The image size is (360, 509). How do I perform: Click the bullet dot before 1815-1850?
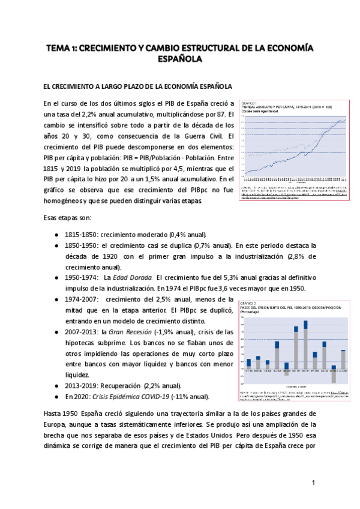pyautogui.click(x=56, y=234)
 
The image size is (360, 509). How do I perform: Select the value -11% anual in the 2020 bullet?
pyautogui.click(x=188, y=396)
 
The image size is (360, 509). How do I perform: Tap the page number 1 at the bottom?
pyautogui.click(x=314, y=483)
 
